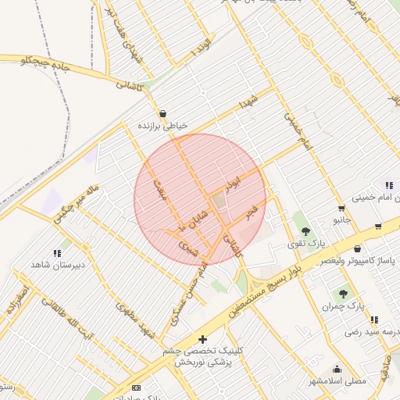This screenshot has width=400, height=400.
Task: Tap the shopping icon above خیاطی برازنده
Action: coord(162,114)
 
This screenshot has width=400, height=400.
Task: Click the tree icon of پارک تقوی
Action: coord(305,231)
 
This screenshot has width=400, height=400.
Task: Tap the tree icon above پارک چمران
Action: coord(343,294)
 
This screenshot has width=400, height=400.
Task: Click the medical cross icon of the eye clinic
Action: coord(203,339)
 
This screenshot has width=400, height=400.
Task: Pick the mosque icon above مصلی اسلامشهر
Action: coord(337,370)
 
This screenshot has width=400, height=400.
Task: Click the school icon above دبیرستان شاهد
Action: coord(56,253)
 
